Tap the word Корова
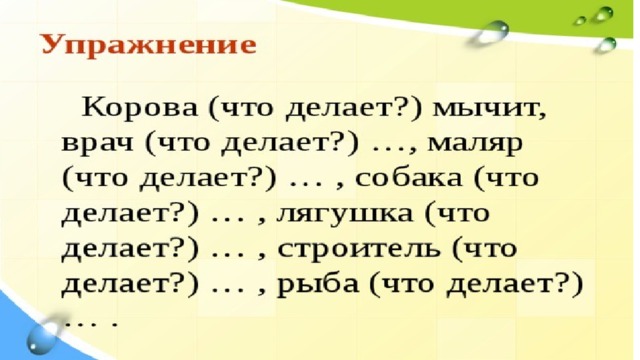tap(140, 108)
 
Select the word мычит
tap(489, 110)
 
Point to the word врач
tap(97, 144)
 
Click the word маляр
tap(474, 145)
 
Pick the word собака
tap(408, 178)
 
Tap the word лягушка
tap(344, 214)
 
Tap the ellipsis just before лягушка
tap(229, 221)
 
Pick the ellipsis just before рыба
tap(229, 291)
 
